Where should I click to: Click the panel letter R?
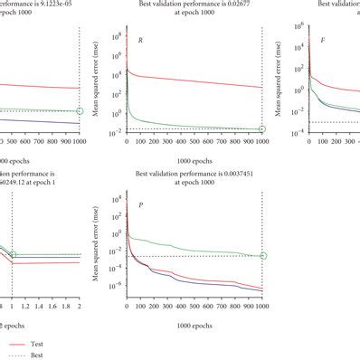tap(139, 42)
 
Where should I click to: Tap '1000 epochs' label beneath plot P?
tap(195, 322)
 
